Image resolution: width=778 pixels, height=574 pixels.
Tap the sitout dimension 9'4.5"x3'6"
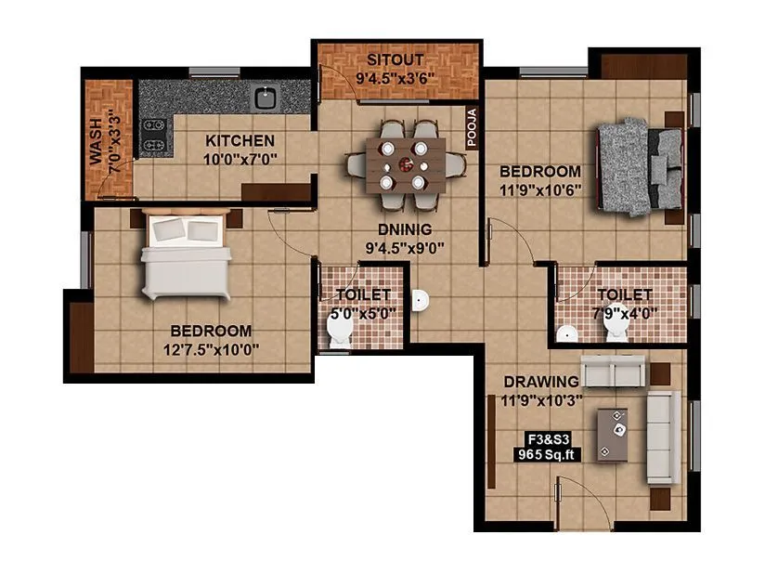pos(398,79)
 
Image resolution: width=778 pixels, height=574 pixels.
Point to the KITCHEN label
pos(240,141)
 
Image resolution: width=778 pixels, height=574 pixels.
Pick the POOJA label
pos(471,123)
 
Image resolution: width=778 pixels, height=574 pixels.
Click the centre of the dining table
pos(406,163)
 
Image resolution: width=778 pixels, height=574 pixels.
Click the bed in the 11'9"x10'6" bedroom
pos(639,166)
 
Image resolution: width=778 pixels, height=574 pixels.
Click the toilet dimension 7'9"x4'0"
pos(625,313)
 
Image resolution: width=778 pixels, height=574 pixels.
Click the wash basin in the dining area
pos(421,300)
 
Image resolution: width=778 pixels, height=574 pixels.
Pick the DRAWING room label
pos(540,382)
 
